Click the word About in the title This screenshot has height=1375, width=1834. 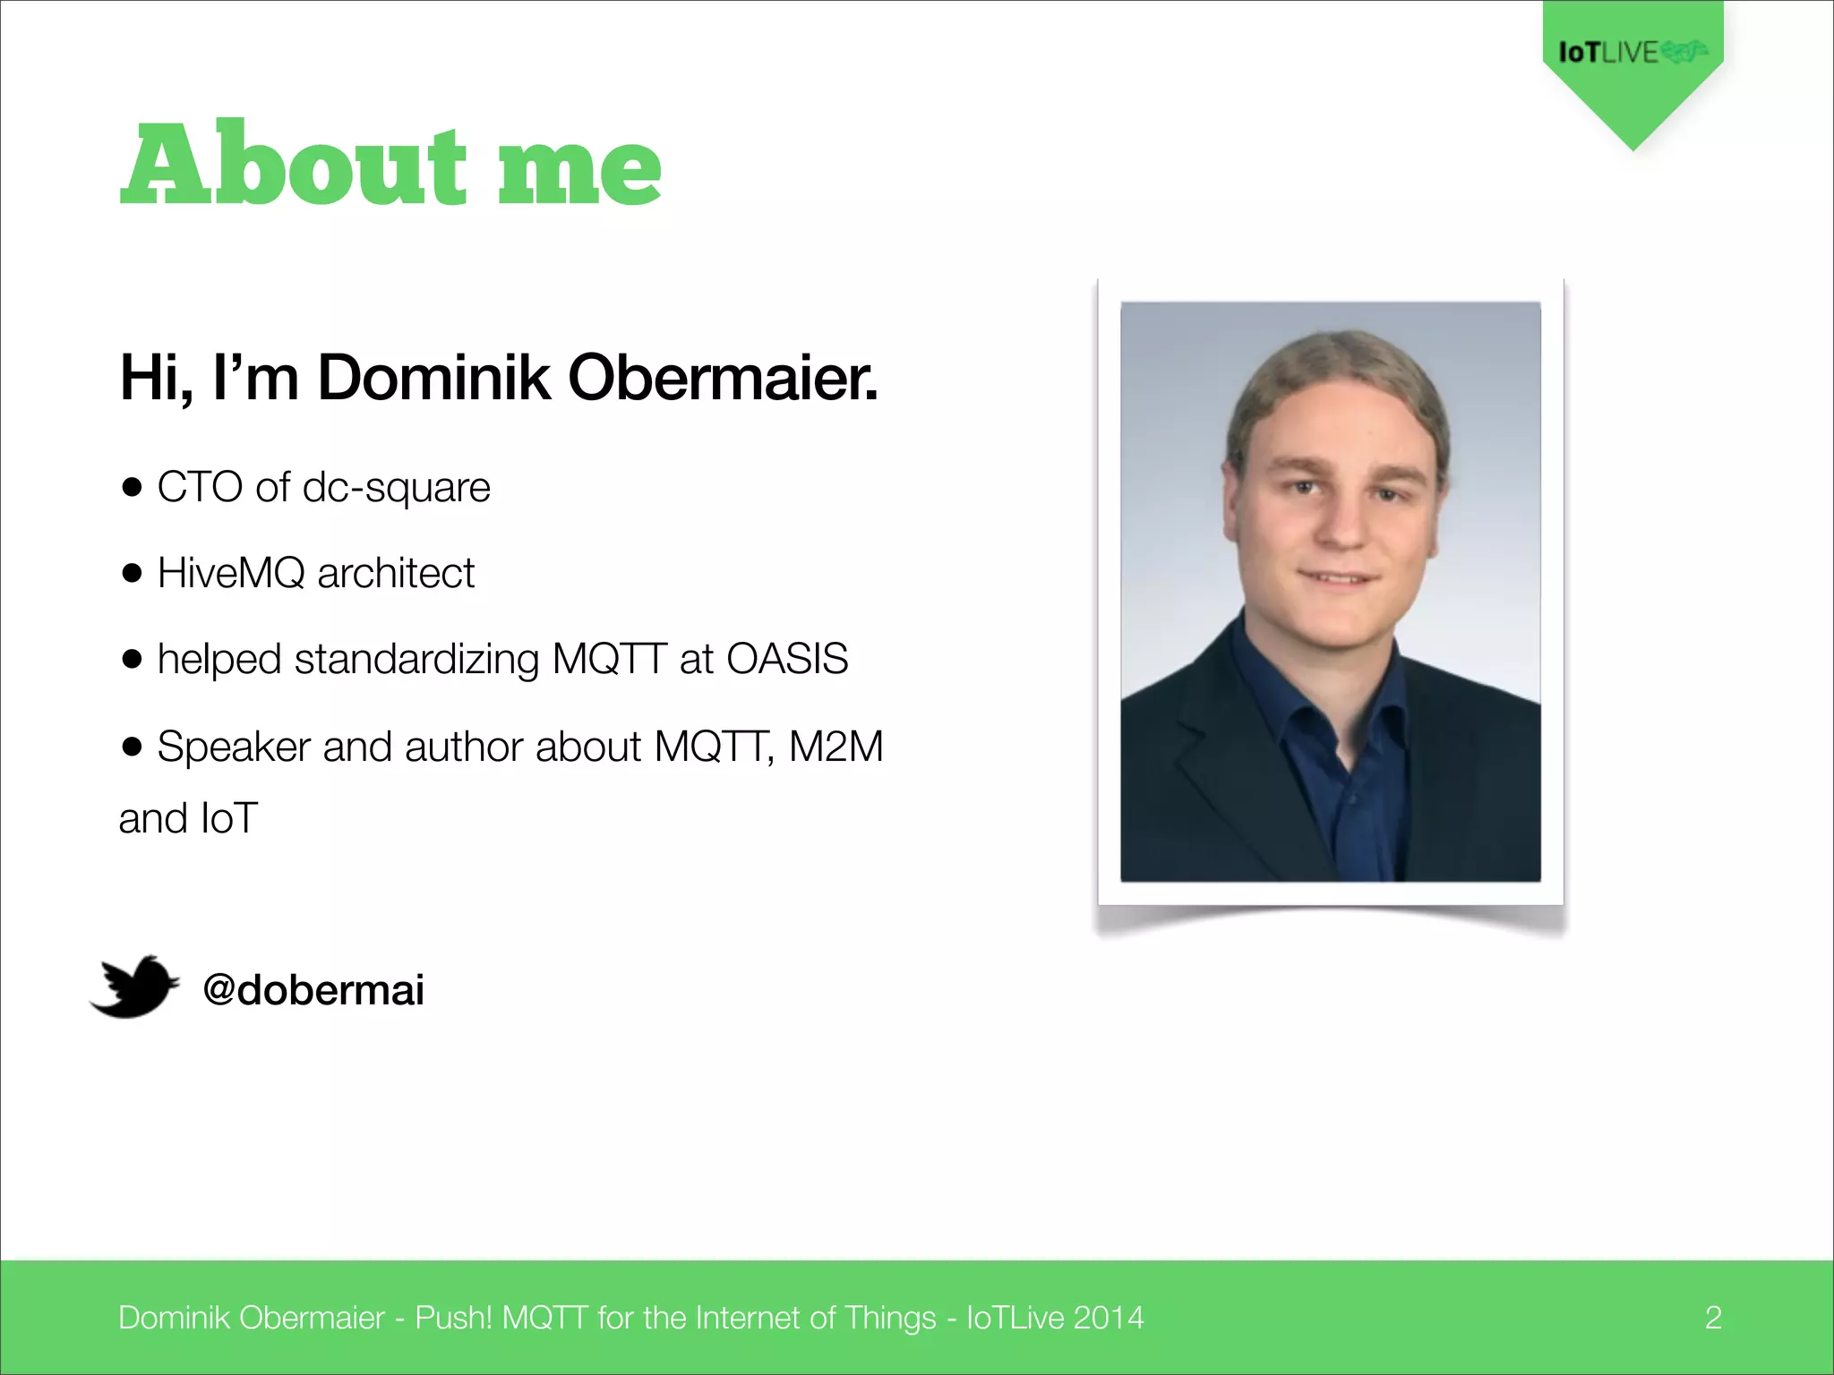pyautogui.click(x=294, y=165)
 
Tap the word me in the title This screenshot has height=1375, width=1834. pyautogui.click(x=579, y=170)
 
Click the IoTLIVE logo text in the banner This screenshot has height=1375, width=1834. pyautogui.click(x=1609, y=53)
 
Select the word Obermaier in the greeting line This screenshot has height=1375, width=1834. pyautogui.click(x=722, y=378)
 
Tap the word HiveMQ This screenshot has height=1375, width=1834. pyautogui.click(x=231, y=574)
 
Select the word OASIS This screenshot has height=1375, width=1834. pyautogui.click(x=786, y=660)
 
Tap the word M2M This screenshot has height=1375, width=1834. pyautogui.click(x=836, y=747)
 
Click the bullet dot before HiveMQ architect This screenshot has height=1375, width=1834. pyautogui.click(x=133, y=574)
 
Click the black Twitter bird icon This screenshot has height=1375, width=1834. pyautogui.click(x=134, y=986)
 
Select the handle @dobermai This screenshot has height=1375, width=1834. pyautogui.click(x=313, y=990)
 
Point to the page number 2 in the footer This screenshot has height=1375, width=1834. pyautogui.click(x=1712, y=1318)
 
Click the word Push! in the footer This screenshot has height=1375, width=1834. pyautogui.click(x=453, y=1318)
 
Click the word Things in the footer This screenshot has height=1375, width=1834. pyautogui.click(x=890, y=1318)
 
